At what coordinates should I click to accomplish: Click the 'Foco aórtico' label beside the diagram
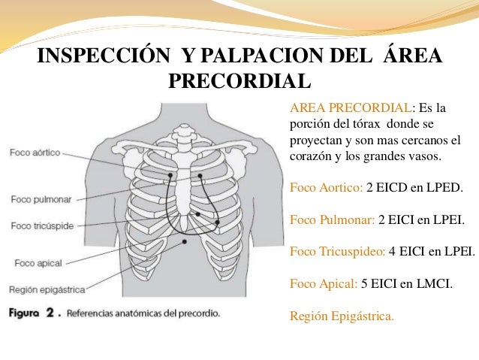click(35, 152)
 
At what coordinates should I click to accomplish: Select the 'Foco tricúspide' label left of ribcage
click(41, 225)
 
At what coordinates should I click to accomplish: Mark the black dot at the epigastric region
click(187, 244)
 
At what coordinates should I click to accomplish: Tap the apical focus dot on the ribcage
click(218, 222)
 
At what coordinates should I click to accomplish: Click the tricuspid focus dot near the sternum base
click(197, 214)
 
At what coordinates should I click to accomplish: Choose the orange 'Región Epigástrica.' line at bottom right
click(341, 316)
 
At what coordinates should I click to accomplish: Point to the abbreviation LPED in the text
click(446, 185)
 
